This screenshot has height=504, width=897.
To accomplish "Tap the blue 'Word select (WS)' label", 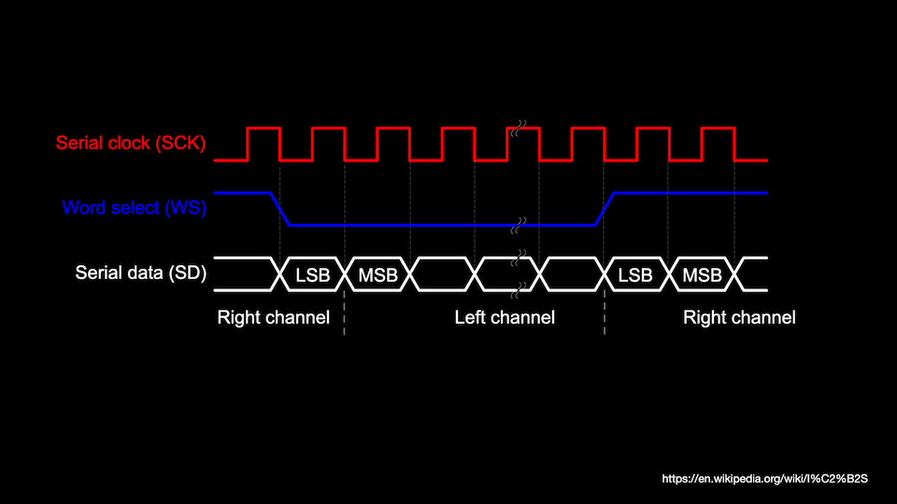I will pos(134,208).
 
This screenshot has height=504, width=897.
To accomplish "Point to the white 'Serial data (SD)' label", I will pos(140,273).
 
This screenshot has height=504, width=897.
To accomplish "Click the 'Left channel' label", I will pos(505,317).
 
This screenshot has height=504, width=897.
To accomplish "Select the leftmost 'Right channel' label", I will pos(273,317).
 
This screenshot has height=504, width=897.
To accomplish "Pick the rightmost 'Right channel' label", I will pos(739,317).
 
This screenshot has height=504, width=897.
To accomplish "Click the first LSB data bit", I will pos(313,274).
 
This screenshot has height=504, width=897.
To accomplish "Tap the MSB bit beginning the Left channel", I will pos(377,274).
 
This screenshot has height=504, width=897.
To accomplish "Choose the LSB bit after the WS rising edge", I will pos(636,274).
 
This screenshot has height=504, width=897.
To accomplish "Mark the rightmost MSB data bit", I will pos(702,274).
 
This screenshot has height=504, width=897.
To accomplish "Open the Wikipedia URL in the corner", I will pos(765,479).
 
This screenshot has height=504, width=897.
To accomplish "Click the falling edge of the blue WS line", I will pos(281,209).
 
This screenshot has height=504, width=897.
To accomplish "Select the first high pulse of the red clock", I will pos(263,130).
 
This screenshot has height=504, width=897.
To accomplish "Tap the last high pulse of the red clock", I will pos(718,130).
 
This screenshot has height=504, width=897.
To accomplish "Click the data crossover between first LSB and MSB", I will pos(345,273).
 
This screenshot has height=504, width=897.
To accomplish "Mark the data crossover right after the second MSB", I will pos(734,273).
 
